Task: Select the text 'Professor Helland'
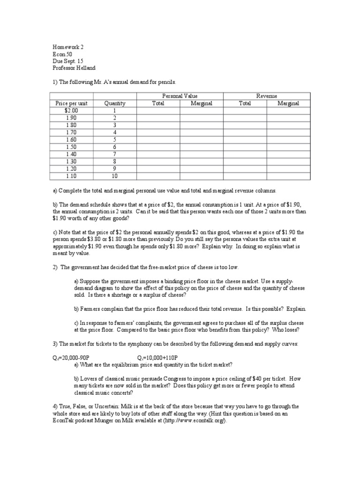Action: coord(75,68)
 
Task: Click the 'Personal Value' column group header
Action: coord(180,96)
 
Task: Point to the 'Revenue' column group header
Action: coord(266,96)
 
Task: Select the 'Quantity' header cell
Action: coord(114,103)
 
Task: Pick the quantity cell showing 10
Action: coord(114,176)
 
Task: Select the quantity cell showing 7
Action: coord(114,154)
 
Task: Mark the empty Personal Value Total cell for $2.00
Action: coord(158,110)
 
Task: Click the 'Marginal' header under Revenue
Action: coord(288,103)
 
